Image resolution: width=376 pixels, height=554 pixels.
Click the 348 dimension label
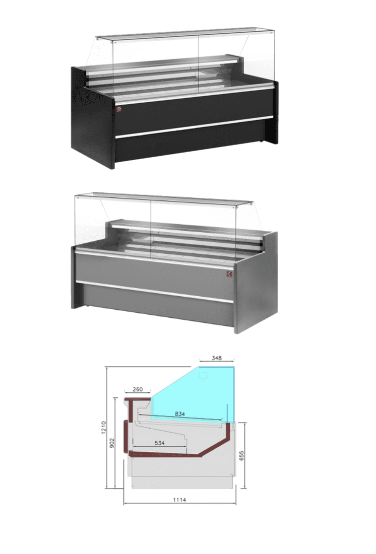tap(216, 358)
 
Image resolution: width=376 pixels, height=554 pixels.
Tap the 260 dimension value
tap(138, 389)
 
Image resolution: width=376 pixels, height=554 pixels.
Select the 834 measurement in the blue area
tap(180, 413)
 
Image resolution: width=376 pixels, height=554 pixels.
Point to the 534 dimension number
tap(160, 443)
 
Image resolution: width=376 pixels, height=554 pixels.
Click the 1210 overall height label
tap(104, 428)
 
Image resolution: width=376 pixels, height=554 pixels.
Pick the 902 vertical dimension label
tap(112, 443)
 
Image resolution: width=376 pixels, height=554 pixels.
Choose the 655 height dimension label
tap(241, 455)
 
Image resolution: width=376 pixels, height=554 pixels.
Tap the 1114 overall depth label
tap(179, 500)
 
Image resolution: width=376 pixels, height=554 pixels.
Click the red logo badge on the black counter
tap(119, 109)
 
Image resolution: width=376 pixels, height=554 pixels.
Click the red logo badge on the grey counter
tap(229, 274)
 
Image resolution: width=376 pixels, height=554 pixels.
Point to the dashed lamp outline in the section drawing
tap(204, 376)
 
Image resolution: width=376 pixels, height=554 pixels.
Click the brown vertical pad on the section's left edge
tap(125, 436)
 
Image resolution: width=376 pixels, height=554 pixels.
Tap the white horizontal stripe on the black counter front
tap(194, 126)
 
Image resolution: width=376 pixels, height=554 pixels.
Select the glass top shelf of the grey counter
tap(164, 198)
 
